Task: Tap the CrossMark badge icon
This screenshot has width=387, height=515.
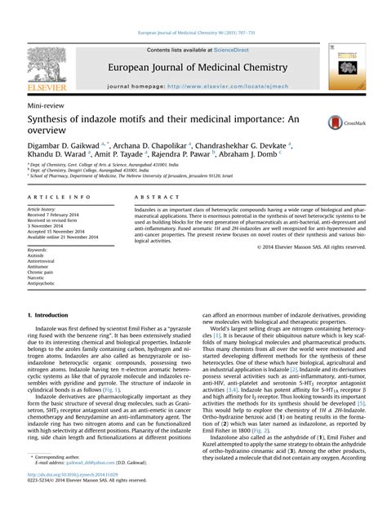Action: point(338,122)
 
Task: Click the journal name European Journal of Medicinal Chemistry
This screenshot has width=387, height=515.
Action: point(193,67)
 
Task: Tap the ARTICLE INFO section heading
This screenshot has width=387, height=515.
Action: point(59,198)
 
